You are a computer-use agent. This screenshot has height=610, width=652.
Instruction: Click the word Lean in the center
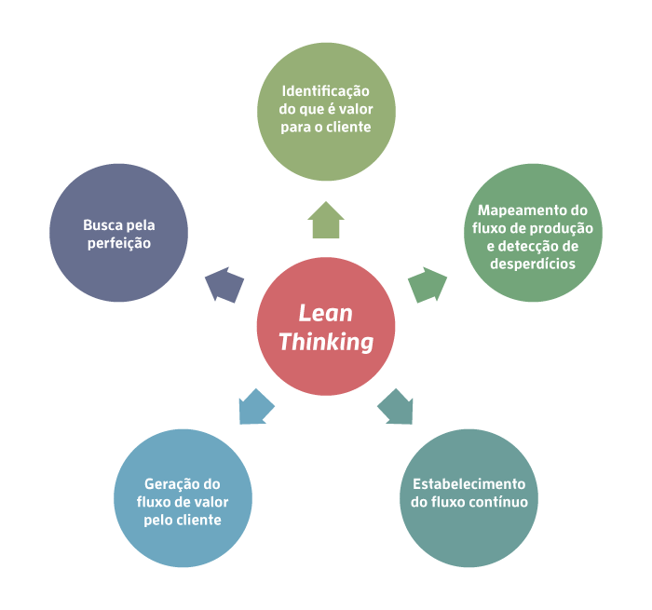coord(326,314)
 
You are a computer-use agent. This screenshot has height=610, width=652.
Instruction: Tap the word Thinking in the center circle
coord(326,342)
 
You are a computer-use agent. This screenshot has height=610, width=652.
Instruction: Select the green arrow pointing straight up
coord(326,220)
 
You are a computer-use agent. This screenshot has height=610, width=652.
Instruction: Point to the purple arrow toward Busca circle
coord(224,285)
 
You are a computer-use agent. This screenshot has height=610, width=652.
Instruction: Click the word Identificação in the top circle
coord(326,91)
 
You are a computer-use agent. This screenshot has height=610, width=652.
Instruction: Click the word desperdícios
coord(533,264)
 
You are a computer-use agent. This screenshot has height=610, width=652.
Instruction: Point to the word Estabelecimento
coord(469,484)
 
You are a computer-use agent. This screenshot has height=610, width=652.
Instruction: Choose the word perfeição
coord(118,243)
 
